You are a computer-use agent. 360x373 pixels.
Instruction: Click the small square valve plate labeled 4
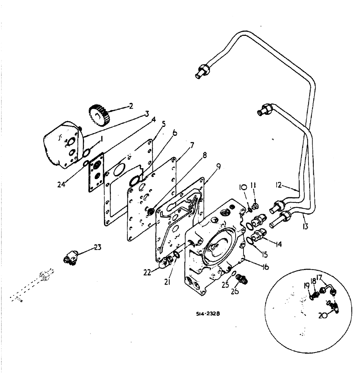point(96,173)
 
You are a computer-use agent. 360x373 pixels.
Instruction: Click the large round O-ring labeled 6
point(136,180)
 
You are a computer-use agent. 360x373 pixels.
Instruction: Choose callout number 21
point(167,282)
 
